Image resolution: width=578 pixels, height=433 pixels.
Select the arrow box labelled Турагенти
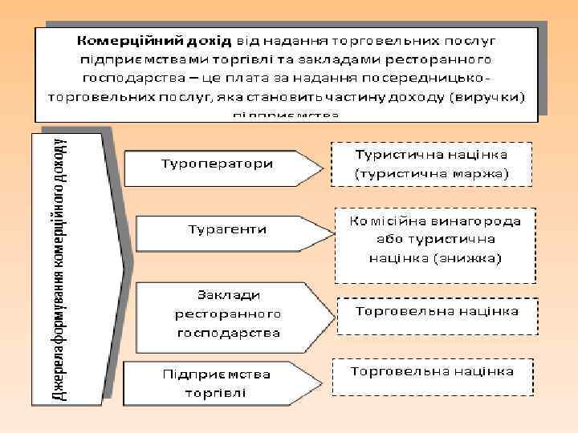click(227, 230)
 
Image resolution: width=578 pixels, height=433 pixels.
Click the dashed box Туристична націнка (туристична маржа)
click(432, 163)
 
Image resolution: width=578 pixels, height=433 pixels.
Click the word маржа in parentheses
click(474, 172)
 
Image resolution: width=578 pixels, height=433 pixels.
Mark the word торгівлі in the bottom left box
click(215, 393)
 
